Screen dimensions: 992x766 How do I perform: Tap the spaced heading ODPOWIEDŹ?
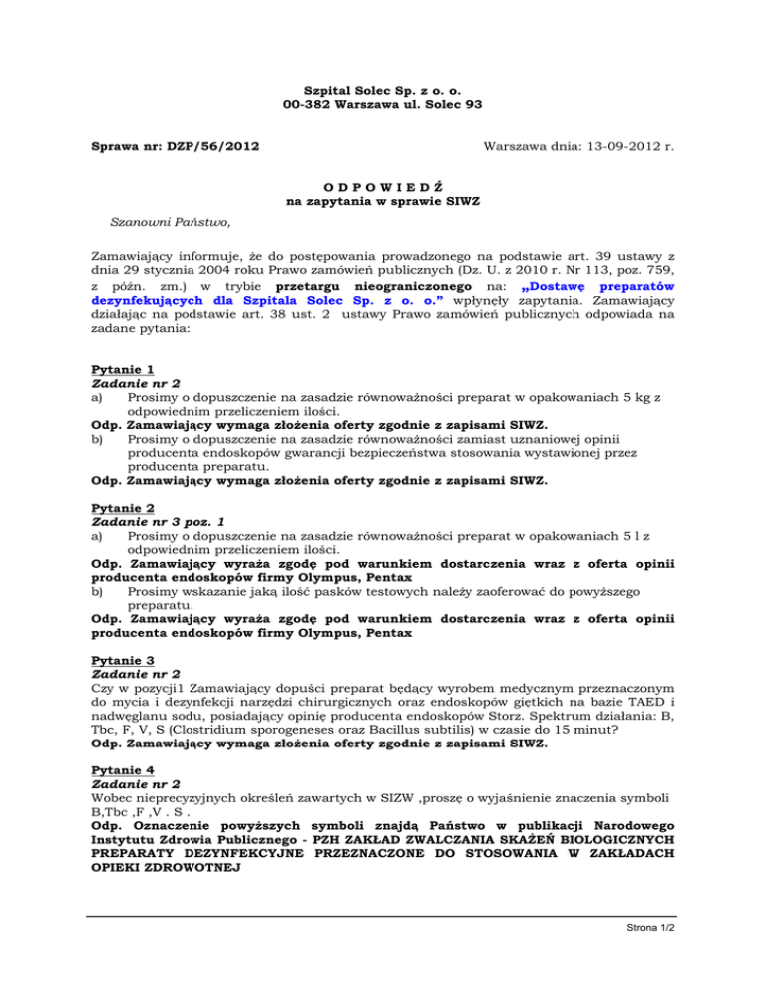pyautogui.click(x=384, y=186)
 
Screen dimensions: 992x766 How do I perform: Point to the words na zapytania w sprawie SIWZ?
pyautogui.click(x=384, y=201)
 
